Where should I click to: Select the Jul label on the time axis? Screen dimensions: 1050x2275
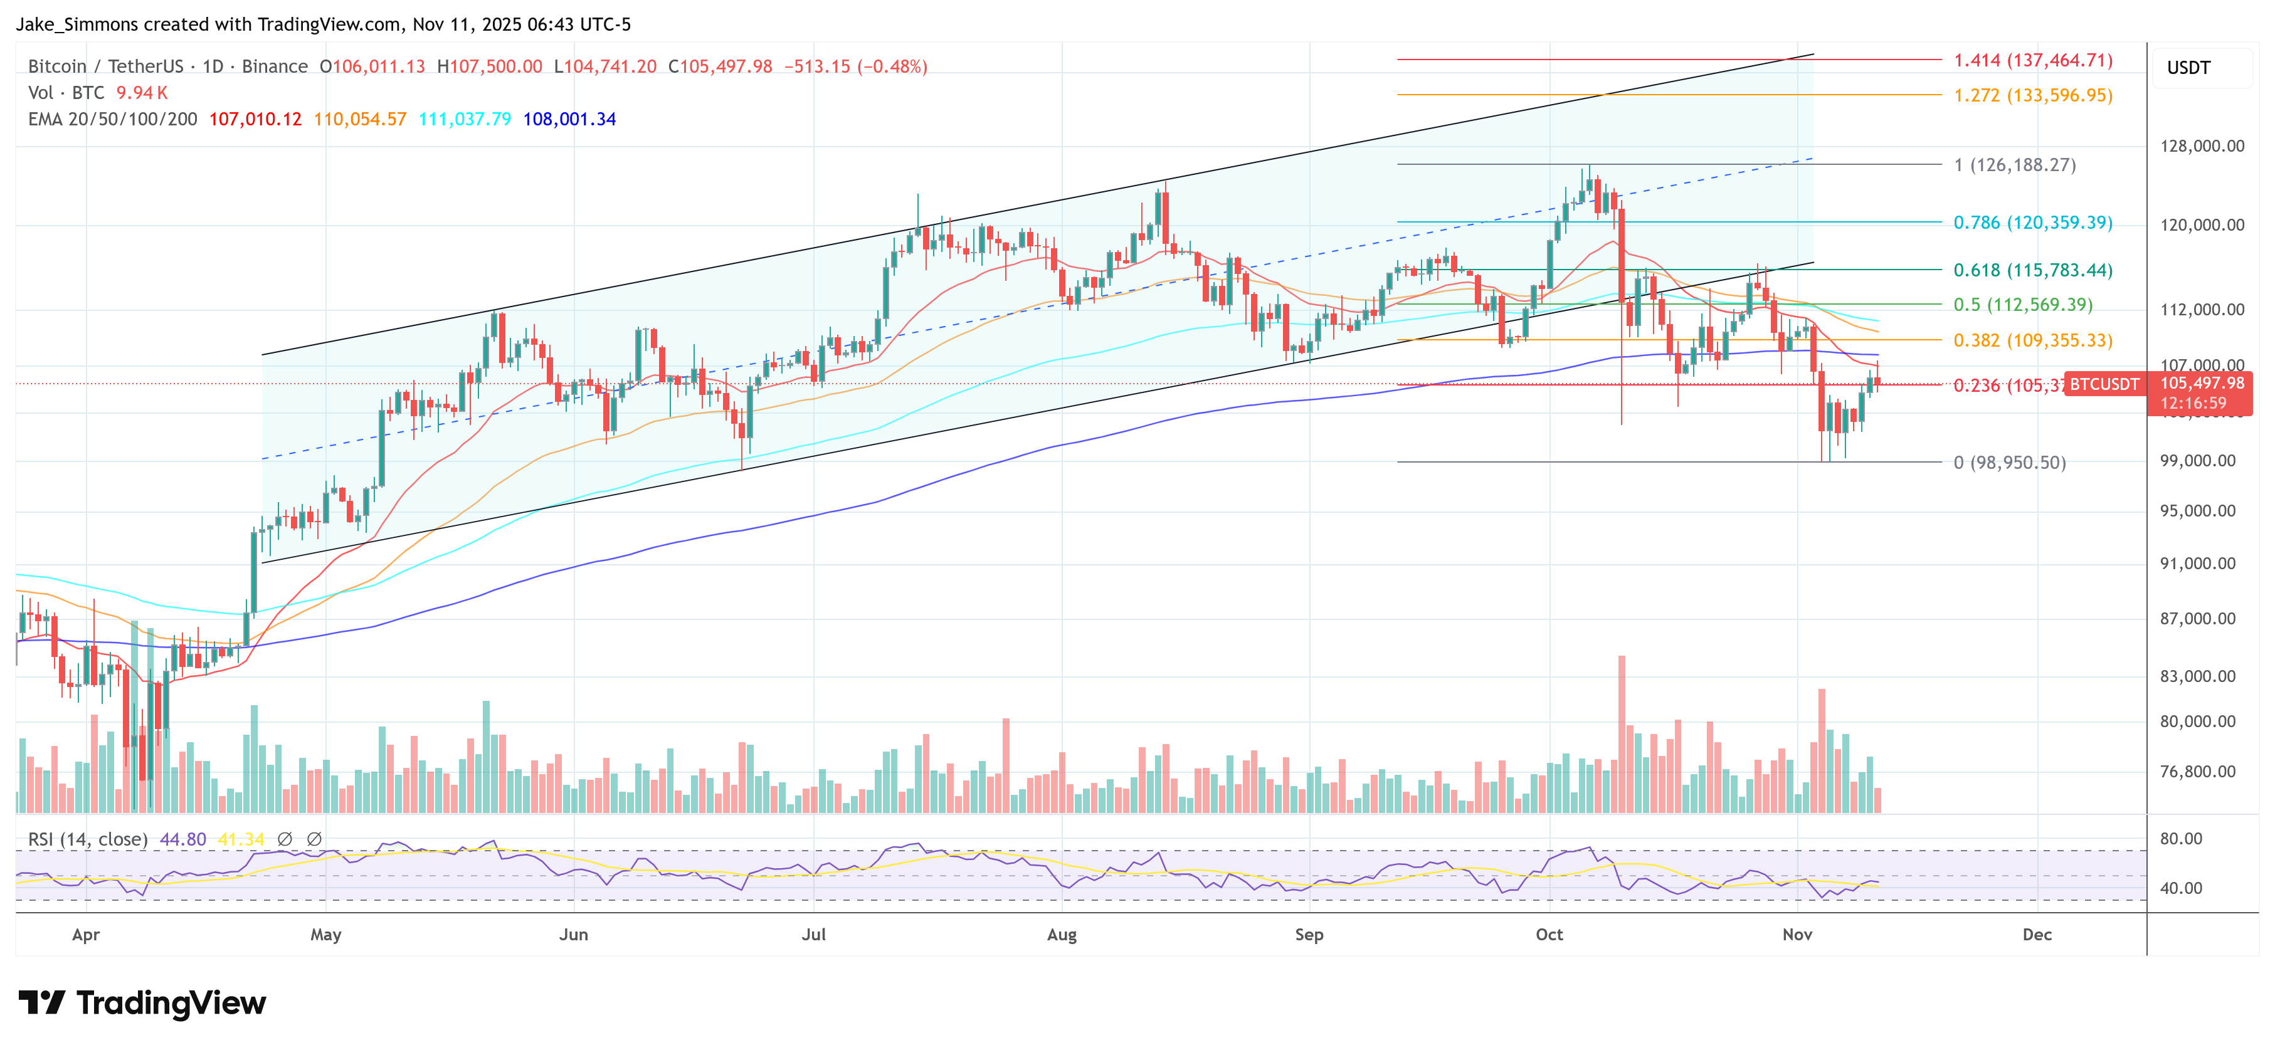pos(813,934)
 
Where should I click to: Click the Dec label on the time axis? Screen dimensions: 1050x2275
pos(2037,934)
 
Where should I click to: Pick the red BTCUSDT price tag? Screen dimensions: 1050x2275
pos(2104,384)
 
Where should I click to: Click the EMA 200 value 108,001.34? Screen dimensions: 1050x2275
pos(569,119)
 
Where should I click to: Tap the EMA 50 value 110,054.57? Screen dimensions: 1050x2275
pos(359,119)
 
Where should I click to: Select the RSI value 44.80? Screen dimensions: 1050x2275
pos(183,839)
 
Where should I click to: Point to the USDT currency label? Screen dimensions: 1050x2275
pos(2188,68)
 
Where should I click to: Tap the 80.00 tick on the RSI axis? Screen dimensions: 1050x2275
pos(2180,839)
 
